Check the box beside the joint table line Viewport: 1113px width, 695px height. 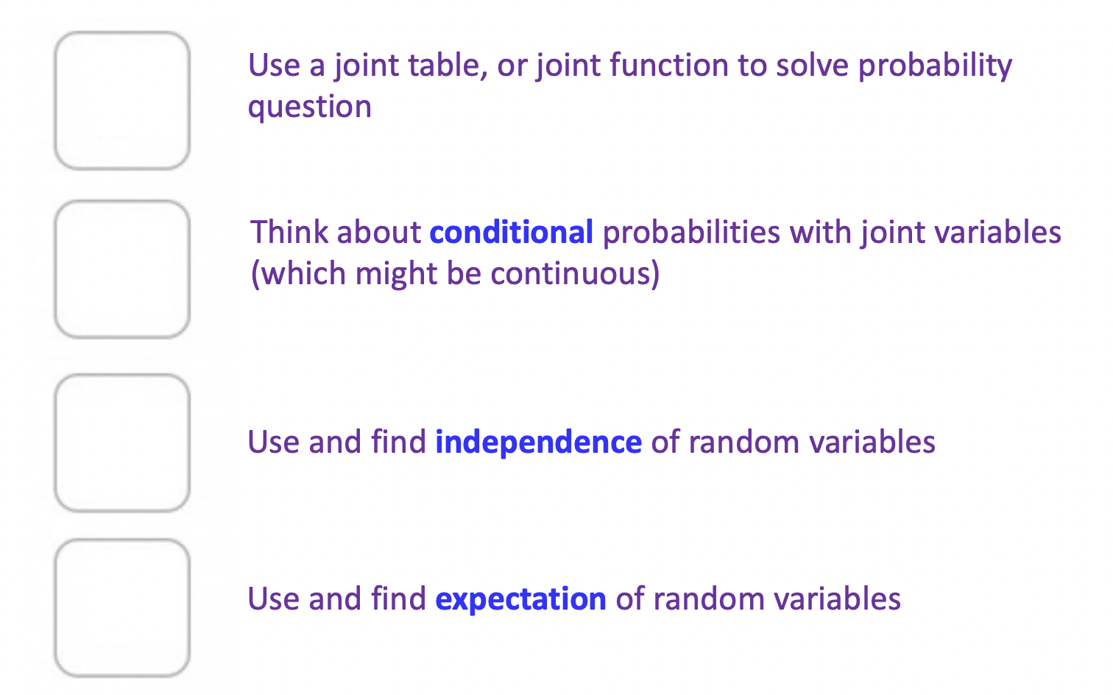click(122, 101)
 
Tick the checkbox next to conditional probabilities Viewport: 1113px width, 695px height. click(122, 269)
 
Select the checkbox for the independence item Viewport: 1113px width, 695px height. click(122, 443)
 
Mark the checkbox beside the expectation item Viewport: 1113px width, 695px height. click(122, 608)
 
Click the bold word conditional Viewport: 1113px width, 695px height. click(511, 233)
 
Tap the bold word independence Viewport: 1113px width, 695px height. click(538, 442)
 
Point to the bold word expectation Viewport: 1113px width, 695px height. click(520, 599)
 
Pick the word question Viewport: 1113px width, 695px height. click(309, 107)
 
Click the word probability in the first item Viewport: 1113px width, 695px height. click(935, 66)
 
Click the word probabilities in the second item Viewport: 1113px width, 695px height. click(691, 233)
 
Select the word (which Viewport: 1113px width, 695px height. click(298, 274)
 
